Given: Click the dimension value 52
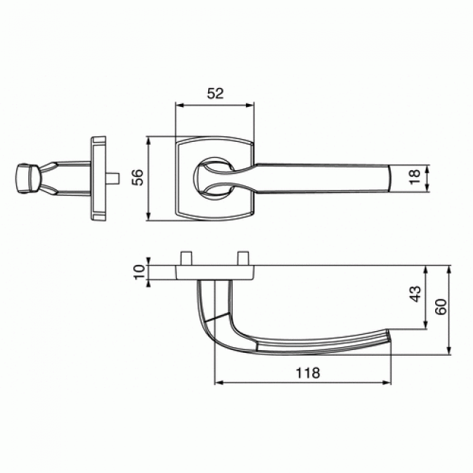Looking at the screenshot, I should pyautogui.click(x=215, y=93).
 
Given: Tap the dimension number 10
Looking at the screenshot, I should pyautogui.click(x=137, y=271).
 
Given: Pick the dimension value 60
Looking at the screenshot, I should pyautogui.click(x=440, y=306).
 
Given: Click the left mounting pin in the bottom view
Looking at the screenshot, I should pyautogui.click(x=186, y=258).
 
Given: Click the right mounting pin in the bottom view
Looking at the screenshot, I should pyautogui.click(x=242, y=258).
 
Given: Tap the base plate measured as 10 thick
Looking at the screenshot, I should pyautogui.click(x=215, y=271).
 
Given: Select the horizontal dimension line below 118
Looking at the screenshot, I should pyautogui.click(x=302, y=383).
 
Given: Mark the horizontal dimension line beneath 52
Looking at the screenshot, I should pyautogui.click(x=215, y=104).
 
